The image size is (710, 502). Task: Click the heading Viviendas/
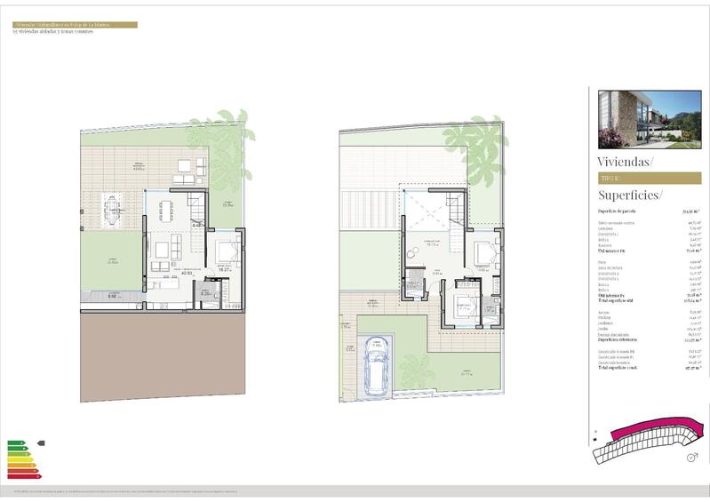626,162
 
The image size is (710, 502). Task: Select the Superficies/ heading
630,195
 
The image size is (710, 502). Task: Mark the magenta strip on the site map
648,430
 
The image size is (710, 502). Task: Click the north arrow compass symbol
691,458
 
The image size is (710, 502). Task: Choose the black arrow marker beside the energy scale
41,442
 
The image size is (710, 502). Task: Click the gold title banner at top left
75,25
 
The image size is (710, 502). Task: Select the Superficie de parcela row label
616,211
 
